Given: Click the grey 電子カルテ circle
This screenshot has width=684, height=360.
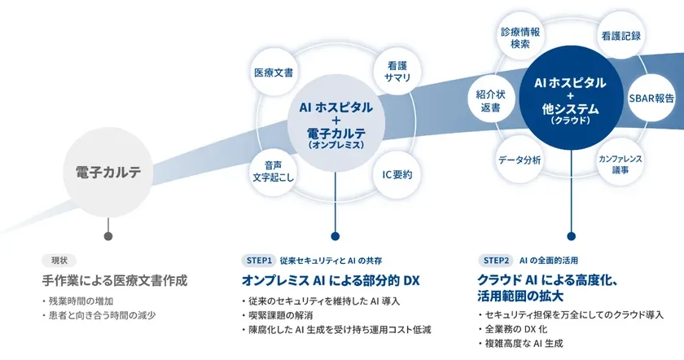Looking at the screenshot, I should click(x=107, y=172).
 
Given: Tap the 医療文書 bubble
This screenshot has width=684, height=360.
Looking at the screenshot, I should click(x=274, y=71).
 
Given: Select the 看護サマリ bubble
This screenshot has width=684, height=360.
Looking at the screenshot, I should click(x=397, y=71).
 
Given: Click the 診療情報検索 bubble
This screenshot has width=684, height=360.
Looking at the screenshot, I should click(x=520, y=37).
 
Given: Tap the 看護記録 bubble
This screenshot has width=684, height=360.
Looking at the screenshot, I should click(x=620, y=36).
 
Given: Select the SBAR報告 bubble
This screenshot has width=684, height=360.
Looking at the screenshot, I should click(x=651, y=98).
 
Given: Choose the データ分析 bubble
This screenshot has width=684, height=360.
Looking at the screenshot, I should click(x=520, y=160).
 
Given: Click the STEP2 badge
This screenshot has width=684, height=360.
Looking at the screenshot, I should click(x=496, y=261).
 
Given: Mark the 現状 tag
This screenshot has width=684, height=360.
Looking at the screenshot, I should click(x=59, y=261).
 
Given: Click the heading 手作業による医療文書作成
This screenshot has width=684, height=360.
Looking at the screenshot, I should click(x=115, y=281).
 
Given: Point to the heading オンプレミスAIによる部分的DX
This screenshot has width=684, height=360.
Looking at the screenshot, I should click(x=330, y=281).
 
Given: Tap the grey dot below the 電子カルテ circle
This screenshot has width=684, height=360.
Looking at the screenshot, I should click(x=107, y=236).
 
